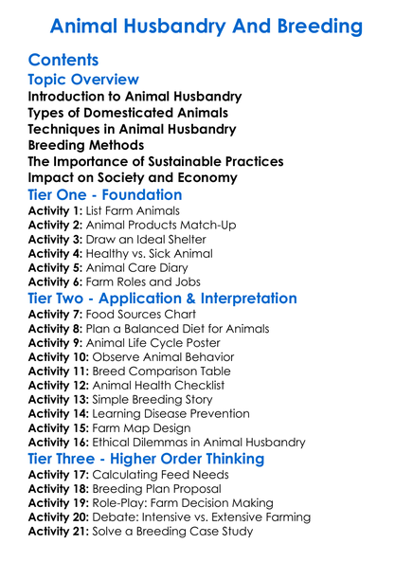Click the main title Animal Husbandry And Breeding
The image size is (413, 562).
206,24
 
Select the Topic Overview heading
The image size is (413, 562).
84,81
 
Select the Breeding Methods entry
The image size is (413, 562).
86,145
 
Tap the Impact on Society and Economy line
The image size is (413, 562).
132,177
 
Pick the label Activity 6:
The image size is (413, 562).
55,281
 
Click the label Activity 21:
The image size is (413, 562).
59,531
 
